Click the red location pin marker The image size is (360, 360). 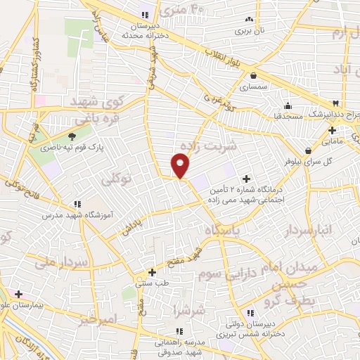tap(180, 166)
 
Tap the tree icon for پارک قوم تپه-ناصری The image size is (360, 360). tap(74, 136)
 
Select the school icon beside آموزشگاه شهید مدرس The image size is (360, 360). tap(77, 204)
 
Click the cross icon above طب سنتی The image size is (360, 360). tap(152, 271)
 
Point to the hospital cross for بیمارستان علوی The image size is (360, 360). tap(18, 294)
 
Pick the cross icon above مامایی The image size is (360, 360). tap(333, 130)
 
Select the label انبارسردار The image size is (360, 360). tap(309, 230)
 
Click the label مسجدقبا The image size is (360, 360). tap(288, 115)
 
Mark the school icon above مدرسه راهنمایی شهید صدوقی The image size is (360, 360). tap(179, 330)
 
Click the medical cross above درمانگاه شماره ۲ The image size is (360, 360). tap(245, 179)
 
